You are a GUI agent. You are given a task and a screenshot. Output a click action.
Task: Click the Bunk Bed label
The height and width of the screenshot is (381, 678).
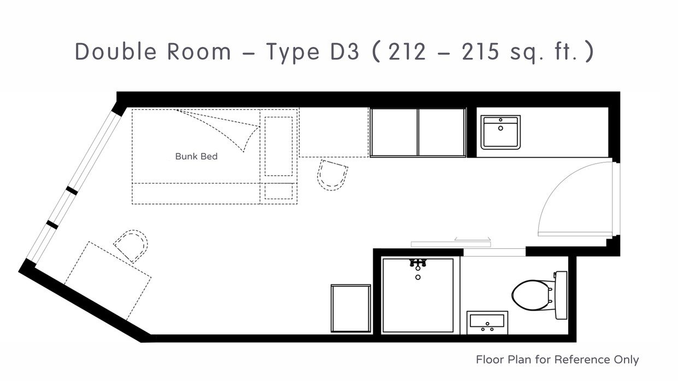[196, 156]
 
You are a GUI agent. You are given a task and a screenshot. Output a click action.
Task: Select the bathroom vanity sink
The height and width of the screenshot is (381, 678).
[487, 323]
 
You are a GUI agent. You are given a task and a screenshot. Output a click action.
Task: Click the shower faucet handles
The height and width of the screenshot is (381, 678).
[418, 263]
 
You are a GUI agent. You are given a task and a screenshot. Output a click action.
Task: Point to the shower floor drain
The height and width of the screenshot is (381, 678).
[418, 277]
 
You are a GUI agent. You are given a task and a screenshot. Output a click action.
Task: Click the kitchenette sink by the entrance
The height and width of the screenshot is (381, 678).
[500, 132]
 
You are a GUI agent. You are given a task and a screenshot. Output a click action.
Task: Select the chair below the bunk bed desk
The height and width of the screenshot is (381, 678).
[332, 175]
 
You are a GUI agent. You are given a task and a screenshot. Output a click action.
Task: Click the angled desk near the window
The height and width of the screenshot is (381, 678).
[108, 281]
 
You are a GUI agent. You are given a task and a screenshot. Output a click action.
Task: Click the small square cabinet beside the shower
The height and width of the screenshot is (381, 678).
[351, 308]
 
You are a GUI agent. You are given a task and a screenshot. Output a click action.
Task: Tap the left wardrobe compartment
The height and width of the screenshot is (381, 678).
[394, 133]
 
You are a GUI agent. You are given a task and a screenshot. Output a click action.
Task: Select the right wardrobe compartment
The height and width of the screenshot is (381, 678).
[441, 133]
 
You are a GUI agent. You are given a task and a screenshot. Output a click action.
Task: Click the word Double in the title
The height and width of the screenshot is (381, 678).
[116, 51]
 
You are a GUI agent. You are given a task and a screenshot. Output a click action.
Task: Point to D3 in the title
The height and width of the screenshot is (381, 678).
[344, 51]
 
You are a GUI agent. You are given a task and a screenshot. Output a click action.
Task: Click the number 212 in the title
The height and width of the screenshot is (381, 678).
[407, 52]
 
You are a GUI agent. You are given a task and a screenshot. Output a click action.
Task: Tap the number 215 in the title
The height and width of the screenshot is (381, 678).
[480, 52]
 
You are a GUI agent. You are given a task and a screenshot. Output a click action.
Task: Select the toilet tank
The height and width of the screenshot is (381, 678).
[561, 295]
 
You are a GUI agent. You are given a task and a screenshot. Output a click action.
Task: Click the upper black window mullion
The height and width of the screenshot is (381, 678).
[72, 191]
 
